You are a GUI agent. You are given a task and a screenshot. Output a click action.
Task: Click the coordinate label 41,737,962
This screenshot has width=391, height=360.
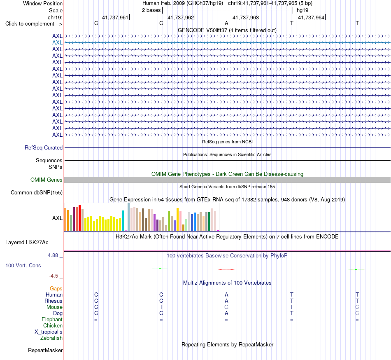coord(181,17)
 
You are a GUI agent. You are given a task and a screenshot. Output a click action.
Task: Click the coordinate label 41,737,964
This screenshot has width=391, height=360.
coord(311,17)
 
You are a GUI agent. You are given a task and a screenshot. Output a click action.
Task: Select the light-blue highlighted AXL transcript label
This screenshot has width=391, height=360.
coord(57,43)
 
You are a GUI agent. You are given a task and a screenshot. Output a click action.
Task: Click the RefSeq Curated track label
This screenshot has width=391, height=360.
coord(44,148)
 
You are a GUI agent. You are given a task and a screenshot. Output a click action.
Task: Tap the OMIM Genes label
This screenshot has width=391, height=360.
coord(47,180)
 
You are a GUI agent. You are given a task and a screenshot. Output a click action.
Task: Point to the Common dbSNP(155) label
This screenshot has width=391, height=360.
coord(37,193)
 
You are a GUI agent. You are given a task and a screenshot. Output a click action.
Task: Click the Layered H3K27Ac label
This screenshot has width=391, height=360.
coord(27,243)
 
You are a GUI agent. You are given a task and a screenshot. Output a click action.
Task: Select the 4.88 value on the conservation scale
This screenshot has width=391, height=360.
coord(53,255)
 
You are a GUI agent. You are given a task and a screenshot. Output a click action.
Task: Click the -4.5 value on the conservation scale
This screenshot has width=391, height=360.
coord(54,276)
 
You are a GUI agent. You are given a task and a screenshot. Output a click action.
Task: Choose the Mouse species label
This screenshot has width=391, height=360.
coord(54,307)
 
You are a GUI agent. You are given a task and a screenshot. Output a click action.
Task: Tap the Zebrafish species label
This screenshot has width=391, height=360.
coord(51,338)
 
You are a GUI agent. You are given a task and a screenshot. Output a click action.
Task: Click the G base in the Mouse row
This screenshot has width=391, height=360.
coord(226,307)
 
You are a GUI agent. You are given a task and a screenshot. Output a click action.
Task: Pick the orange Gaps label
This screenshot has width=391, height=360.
coord(56,289)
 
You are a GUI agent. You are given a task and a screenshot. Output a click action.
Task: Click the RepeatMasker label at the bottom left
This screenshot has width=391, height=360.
coord(45,351)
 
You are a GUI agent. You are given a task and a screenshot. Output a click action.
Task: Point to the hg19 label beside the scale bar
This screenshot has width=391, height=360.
coord(303,10)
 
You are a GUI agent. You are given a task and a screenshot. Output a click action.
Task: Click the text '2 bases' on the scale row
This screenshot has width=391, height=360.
coord(151,10)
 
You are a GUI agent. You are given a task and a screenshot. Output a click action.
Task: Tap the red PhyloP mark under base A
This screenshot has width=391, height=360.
coord(226,269)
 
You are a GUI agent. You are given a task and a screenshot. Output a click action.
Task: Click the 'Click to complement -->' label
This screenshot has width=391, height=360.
coord(34,24)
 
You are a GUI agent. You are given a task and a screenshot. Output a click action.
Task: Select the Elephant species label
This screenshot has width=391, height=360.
coord(52,320)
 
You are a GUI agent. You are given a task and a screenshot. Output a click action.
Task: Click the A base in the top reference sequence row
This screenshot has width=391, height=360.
coord(226,23)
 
